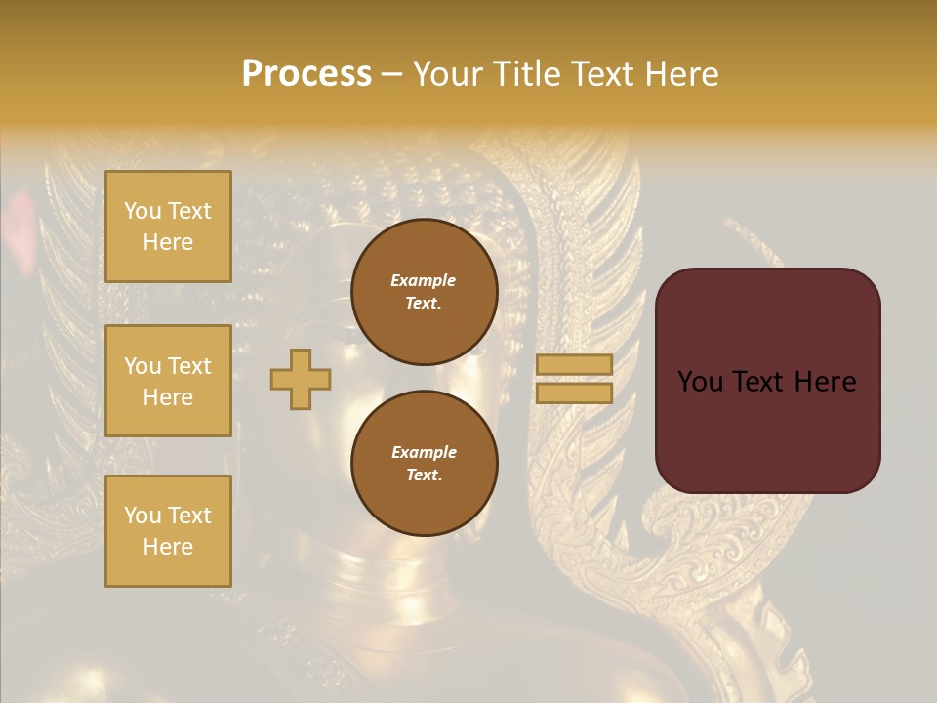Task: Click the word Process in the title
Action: pos(306,74)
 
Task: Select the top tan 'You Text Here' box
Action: pos(168,227)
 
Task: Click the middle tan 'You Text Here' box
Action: pos(168,381)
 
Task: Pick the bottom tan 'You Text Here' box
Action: pos(168,531)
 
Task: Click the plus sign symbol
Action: pos(301,379)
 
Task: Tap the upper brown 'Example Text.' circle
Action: pos(424,292)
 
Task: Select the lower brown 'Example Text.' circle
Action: pos(424,464)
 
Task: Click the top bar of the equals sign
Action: pos(574,365)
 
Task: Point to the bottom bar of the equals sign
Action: pos(574,393)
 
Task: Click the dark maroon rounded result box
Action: pos(767,430)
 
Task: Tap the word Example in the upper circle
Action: pos(424,280)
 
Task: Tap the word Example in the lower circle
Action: pos(424,452)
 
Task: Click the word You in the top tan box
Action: pos(143,211)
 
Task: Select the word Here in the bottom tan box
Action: pos(168,547)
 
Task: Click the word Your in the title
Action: pos(449,74)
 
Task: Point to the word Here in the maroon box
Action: pos(825,382)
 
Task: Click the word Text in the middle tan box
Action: pos(189,366)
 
